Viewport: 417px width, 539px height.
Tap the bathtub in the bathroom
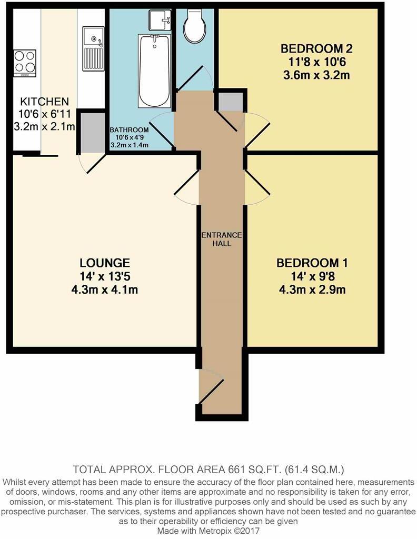click(153, 71)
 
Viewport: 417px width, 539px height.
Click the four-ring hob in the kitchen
click(24, 62)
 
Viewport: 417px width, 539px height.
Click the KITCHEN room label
click(44, 101)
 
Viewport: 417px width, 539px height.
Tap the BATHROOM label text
click(129, 130)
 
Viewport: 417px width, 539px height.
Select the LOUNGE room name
click(105, 262)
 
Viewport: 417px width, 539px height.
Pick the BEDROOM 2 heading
click(316, 49)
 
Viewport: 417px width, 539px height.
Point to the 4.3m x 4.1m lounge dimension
click(105, 290)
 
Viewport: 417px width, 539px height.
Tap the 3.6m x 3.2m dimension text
click(316, 75)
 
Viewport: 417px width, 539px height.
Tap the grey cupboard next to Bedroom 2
click(231, 101)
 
